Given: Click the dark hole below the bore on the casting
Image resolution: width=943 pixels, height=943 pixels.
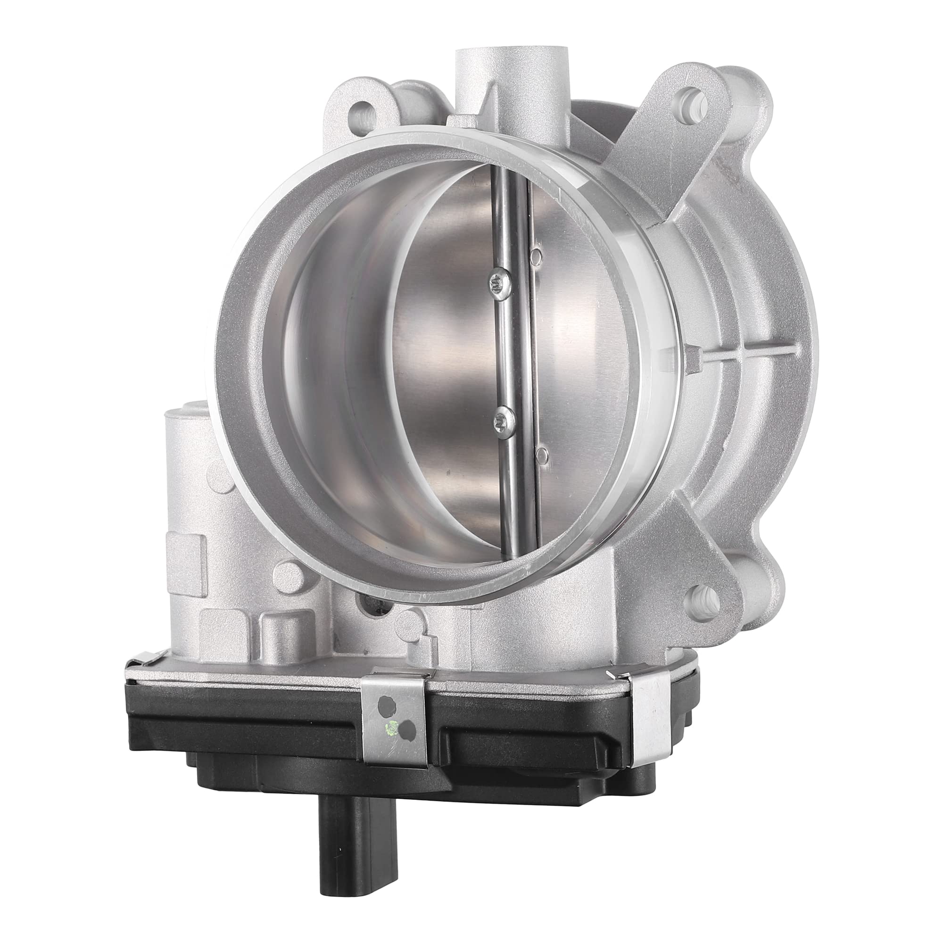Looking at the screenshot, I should pos(378,608).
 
